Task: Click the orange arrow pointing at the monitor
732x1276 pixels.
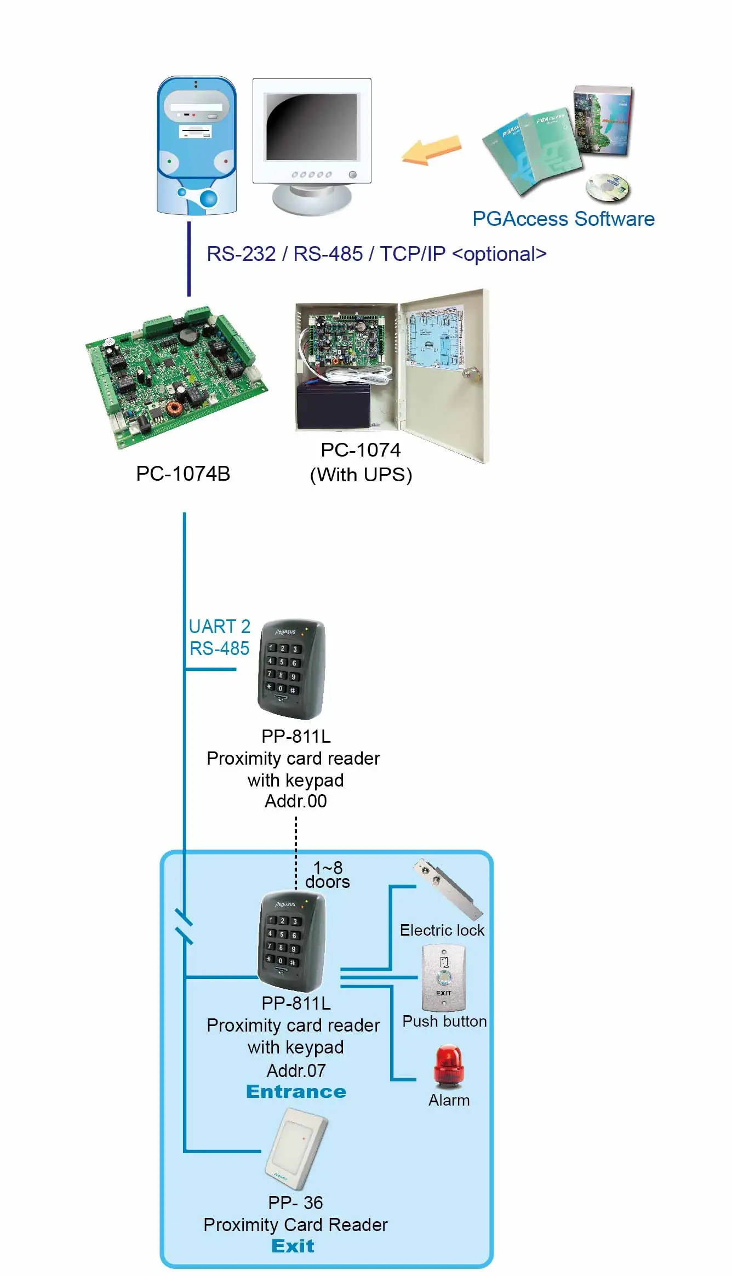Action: click(432, 151)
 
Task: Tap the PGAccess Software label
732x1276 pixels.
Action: click(563, 219)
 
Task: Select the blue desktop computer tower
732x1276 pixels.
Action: click(197, 146)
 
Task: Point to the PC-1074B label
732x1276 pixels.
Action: click(183, 474)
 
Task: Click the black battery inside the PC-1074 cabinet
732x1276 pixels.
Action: click(333, 406)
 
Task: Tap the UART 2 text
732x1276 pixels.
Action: click(219, 626)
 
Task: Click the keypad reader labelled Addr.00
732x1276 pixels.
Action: click(291, 669)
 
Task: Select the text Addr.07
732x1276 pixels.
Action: click(296, 1070)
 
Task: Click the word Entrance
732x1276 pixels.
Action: click(296, 1092)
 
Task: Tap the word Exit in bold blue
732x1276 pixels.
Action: click(293, 1246)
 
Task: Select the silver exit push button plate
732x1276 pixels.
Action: click(443, 978)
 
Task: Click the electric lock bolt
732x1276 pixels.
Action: click(448, 889)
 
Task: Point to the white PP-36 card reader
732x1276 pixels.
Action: click(296, 1148)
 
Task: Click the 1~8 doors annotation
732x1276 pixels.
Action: click(328, 874)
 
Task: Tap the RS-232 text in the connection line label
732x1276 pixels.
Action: click(241, 254)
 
